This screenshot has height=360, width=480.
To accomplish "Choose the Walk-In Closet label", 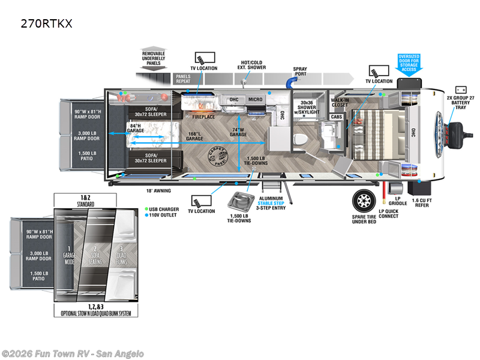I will [x=340, y=103].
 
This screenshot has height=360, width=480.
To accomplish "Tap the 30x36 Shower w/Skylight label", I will [x=307, y=106].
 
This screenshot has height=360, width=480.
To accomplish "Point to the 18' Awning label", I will [x=158, y=191].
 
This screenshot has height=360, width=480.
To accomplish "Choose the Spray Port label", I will [x=300, y=73].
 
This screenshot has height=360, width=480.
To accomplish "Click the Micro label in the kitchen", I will [x=256, y=99].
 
